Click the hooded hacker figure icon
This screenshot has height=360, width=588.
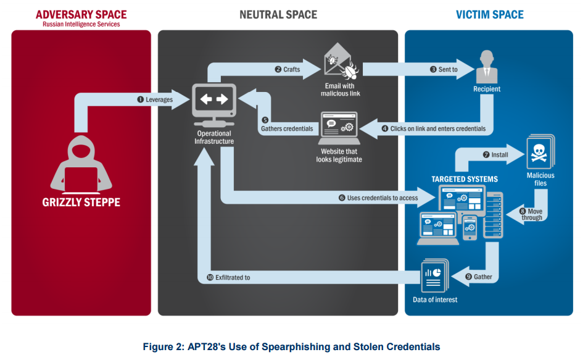[81, 164]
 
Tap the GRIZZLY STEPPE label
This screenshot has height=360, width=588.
[81, 203]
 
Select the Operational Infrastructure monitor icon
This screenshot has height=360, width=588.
[214, 105]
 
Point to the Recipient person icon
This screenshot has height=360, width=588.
[487, 67]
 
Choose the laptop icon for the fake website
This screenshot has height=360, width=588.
[339, 128]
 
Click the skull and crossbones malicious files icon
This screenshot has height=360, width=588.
[540, 152]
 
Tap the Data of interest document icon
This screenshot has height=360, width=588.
[435, 275]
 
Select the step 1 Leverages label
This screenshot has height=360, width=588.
[155, 99]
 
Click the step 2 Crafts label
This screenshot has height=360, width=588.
[288, 69]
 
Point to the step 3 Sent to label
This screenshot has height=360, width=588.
[444, 69]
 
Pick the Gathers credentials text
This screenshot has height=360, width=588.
[287, 129]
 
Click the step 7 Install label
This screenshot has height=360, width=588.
[495, 154]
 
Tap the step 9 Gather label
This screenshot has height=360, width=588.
[479, 277]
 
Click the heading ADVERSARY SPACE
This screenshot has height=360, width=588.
[81, 15]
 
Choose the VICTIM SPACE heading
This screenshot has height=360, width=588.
[490, 15]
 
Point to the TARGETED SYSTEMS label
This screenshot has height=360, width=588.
[465, 179]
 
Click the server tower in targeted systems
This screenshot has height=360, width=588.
[493, 215]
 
